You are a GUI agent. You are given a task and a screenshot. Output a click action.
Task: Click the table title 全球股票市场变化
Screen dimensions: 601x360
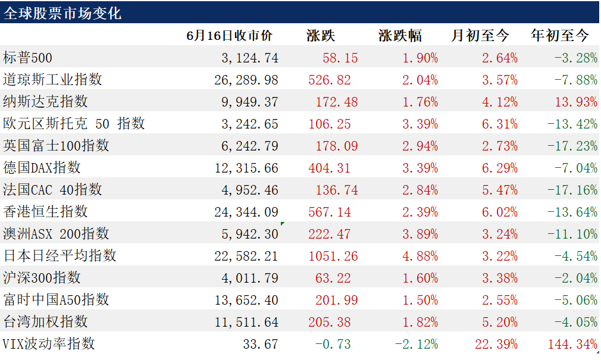[62, 14]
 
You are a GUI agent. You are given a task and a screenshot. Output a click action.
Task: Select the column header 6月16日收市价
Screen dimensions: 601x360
[229, 36]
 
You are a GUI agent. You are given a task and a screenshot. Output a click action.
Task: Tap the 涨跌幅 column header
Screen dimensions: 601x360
[400, 36]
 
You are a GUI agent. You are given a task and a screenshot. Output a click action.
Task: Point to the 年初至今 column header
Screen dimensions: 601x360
[559, 36]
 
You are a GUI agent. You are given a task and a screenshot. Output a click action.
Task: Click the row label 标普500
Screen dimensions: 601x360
[27, 58]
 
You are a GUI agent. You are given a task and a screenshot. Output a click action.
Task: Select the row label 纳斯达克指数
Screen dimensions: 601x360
[45, 102]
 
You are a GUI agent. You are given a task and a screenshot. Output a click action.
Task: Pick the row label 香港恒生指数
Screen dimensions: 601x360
[45, 212]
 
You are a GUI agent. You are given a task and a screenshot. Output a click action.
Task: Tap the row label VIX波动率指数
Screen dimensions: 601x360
[49, 343]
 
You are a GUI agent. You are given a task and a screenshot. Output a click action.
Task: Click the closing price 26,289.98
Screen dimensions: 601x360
[246, 80]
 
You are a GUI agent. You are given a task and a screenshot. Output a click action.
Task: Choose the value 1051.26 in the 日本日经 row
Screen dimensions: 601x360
[333, 256]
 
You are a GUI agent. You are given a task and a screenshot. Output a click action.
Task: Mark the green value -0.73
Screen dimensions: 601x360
[333, 344]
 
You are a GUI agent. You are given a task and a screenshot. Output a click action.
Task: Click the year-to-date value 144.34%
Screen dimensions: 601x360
[572, 344]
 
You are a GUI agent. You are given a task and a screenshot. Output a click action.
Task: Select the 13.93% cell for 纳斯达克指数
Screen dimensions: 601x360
[576, 102]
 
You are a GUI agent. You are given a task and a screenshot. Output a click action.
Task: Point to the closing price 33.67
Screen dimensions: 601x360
[261, 344]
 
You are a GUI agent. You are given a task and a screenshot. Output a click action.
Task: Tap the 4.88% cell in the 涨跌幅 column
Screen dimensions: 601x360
[420, 256]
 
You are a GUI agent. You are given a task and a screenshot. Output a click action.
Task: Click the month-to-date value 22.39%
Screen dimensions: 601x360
[496, 344]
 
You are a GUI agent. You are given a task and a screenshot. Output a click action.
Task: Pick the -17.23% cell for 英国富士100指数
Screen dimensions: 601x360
[572, 146]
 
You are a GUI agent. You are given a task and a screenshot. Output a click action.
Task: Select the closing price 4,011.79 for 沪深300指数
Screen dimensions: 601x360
[250, 278]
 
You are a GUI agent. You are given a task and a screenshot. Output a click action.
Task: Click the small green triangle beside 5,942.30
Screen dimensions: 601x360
[282, 224]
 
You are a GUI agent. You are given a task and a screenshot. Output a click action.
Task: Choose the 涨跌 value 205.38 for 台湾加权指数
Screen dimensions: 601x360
[330, 322]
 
